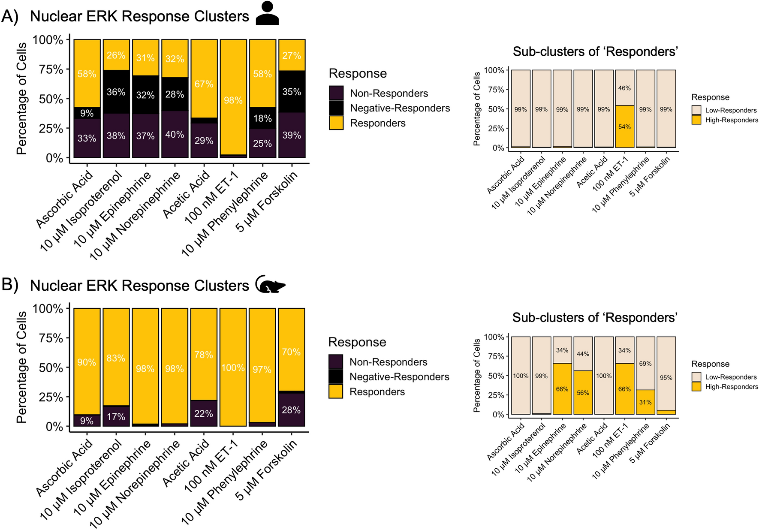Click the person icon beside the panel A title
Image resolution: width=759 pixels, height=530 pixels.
coord(267,14)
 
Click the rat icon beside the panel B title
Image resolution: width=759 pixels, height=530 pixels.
coord(270,285)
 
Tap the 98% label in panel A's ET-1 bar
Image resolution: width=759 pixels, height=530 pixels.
coord(233,100)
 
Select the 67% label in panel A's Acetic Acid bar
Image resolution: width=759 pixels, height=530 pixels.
coord(204,84)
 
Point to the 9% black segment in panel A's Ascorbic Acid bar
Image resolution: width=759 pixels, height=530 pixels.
coord(87,113)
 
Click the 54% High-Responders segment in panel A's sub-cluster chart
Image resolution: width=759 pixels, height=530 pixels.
coord(624,127)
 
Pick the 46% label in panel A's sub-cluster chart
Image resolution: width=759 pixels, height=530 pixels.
coord(624,88)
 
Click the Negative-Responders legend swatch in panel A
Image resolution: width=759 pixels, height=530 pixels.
coord(336,108)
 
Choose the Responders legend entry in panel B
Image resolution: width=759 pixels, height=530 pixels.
coord(376,391)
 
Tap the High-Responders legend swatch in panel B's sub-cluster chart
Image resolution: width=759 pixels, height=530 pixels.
coord(696,386)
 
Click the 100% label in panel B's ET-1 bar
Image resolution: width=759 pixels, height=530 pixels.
coord(233,368)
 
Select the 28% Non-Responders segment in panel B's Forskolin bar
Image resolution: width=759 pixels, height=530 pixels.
coord(291,410)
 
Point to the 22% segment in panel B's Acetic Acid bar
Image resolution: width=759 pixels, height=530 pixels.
coord(204,414)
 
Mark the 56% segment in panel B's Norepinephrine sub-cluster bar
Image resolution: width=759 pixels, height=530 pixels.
coord(583,393)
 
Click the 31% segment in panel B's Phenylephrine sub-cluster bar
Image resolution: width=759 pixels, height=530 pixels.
coord(645,402)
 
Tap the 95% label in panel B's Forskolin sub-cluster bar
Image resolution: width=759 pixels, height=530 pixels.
coord(666,378)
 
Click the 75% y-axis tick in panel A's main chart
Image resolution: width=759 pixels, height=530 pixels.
coord(51,69)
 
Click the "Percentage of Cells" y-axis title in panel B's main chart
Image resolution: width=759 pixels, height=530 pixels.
coord(21,367)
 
